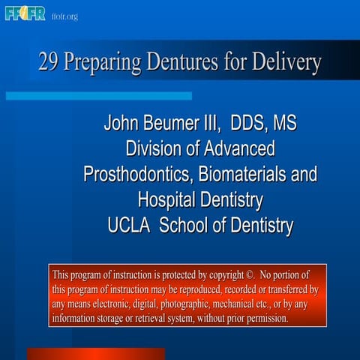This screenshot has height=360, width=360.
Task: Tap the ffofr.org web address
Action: [64, 16]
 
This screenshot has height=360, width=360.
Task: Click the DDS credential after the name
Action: [248, 123]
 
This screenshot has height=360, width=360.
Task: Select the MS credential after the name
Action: [285, 123]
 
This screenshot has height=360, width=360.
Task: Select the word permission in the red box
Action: [264, 319]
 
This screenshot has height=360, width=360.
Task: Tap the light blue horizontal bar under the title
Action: [97, 96]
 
